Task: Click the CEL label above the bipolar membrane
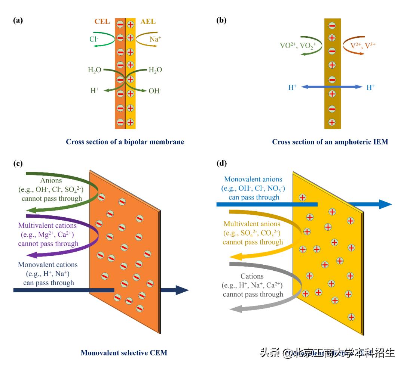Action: click(102, 21)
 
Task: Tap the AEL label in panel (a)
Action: click(148, 21)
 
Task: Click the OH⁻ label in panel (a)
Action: click(155, 91)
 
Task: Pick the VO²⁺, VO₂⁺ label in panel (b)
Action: click(298, 46)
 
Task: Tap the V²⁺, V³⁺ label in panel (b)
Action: click(362, 45)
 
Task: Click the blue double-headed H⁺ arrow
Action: click(332, 87)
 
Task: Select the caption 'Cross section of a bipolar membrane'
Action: click(125, 142)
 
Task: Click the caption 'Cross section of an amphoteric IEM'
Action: click(330, 142)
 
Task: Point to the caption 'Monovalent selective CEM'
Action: click(124, 352)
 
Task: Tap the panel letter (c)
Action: click(18, 163)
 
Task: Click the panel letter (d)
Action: click(222, 163)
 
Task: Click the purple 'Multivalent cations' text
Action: click(47, 226)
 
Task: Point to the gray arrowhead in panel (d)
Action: click(236, 308)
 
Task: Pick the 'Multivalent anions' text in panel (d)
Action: click(251, 224)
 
